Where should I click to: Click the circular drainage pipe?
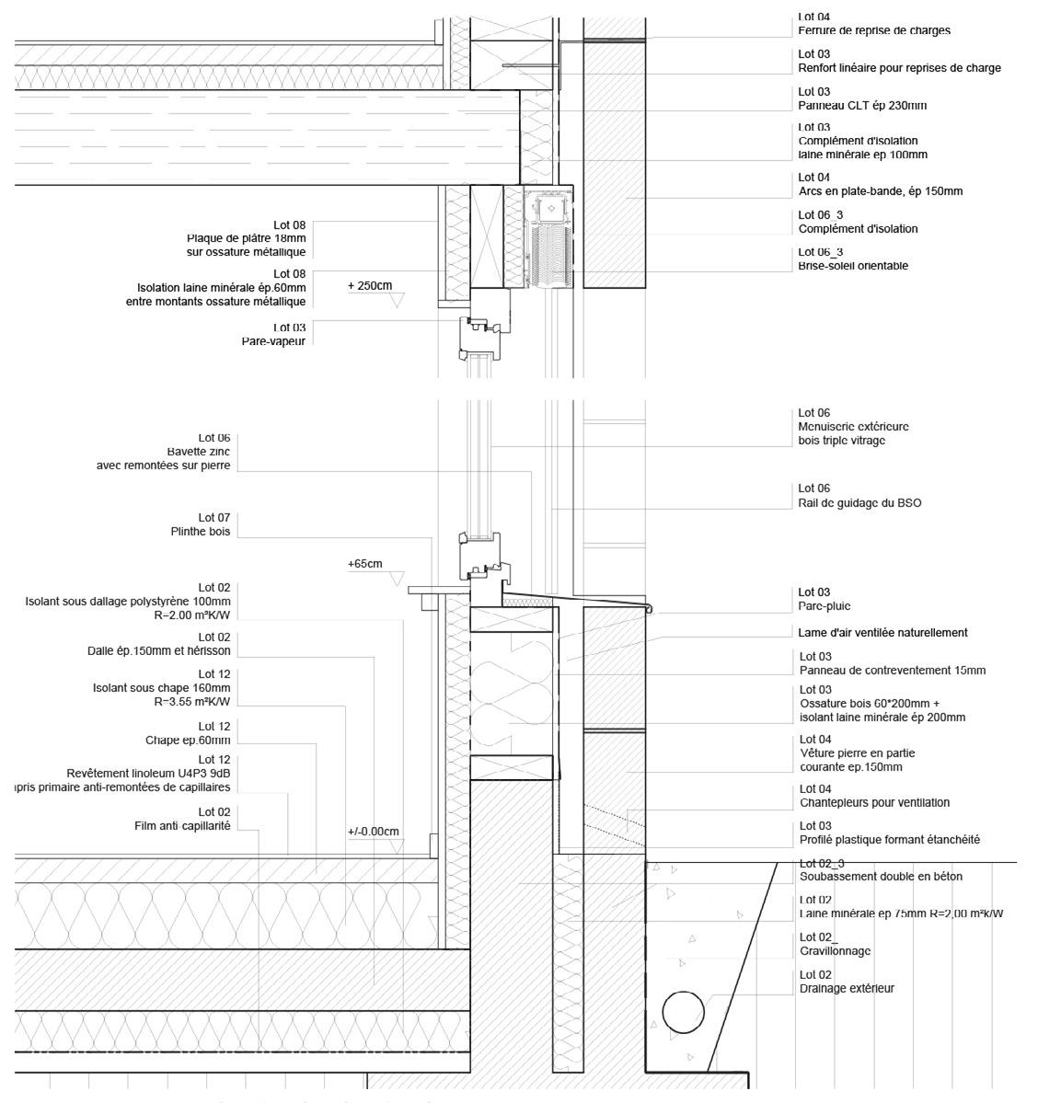pos(683,1015)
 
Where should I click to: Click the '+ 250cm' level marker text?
pos(370,286)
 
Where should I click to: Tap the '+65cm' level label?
pos(365,564)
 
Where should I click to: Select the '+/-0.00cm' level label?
pos(374,832)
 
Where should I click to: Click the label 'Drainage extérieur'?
pos(847,989)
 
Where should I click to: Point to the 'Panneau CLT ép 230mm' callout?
pos(862,106)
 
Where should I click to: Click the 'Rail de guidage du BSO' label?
pos(859,503)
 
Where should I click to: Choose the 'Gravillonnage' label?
pos(835,951)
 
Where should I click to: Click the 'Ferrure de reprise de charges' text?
pos(874,30)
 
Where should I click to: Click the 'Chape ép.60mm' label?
pos(188,740)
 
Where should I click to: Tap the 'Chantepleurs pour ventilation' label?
pos(874,803)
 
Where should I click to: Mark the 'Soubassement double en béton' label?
pos(881,877)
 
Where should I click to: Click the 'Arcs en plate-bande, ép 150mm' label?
pos(881,191)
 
